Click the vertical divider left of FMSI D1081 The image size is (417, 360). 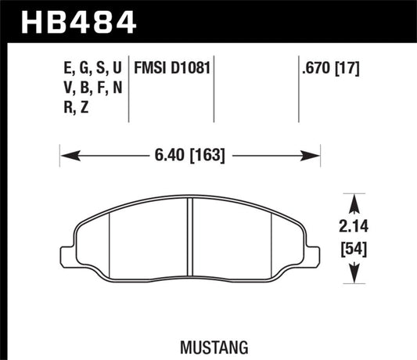[129, 86]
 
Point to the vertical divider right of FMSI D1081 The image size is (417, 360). [214, 86]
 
